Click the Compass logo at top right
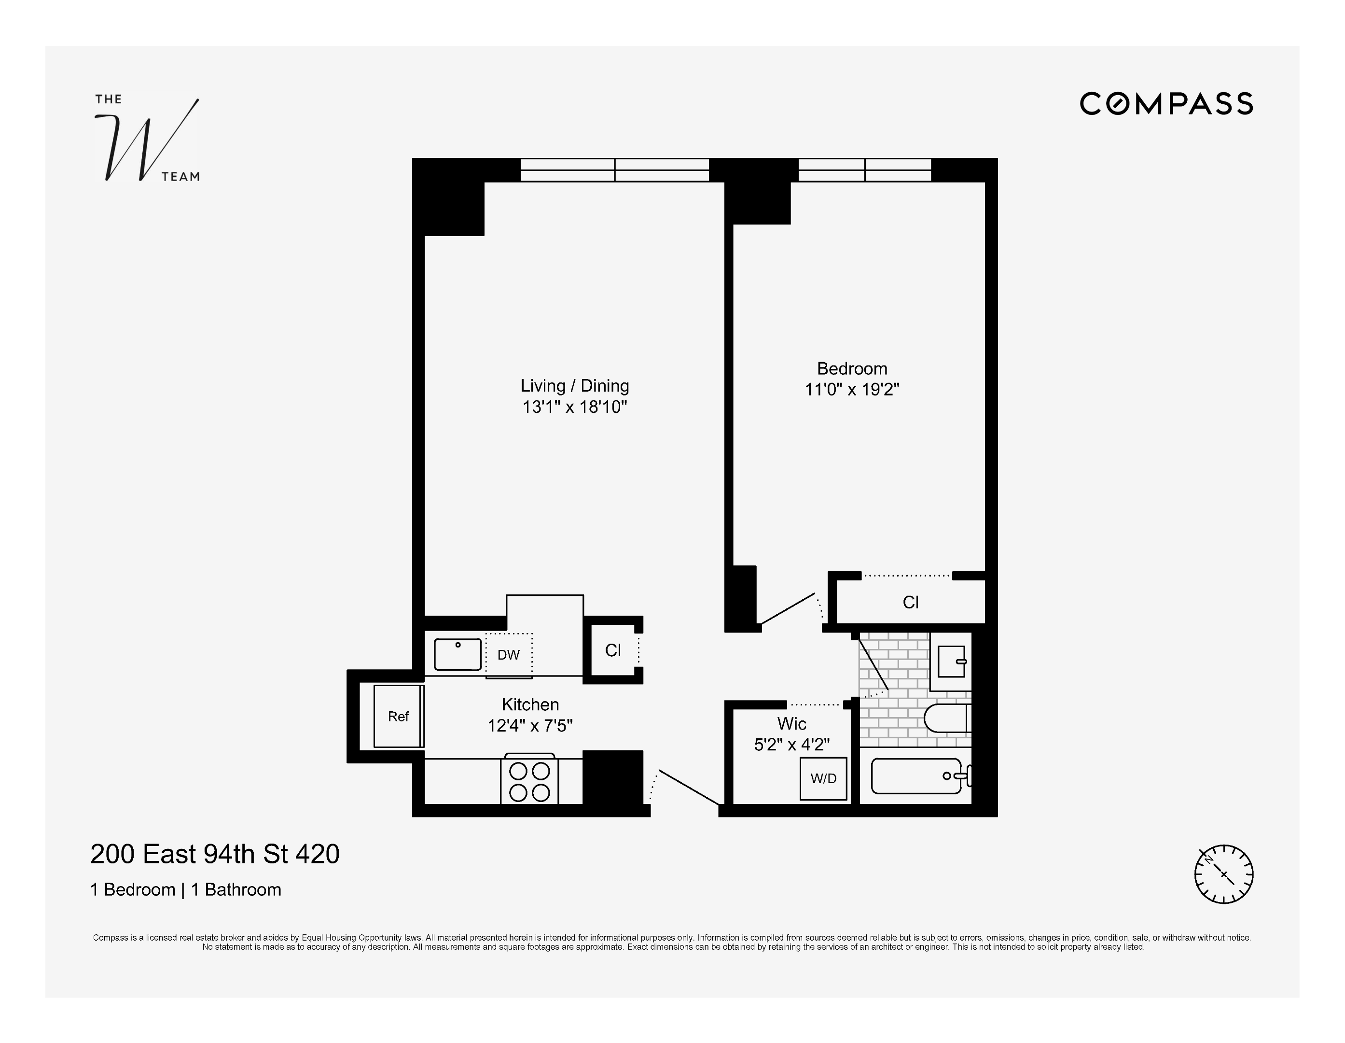(1166, 103)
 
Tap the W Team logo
(147, 139)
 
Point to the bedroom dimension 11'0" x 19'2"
(852, 390)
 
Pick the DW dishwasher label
(509, 655)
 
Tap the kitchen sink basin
(458, 654)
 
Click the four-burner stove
(529, 781)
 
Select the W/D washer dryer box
(823, 779)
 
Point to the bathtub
(916, 776)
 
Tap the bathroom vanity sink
(952, 662)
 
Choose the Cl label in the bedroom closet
(910, 603)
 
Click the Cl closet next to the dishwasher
(613, 650)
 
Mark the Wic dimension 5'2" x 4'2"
(791, 745)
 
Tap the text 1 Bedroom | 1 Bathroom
(185, 889)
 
